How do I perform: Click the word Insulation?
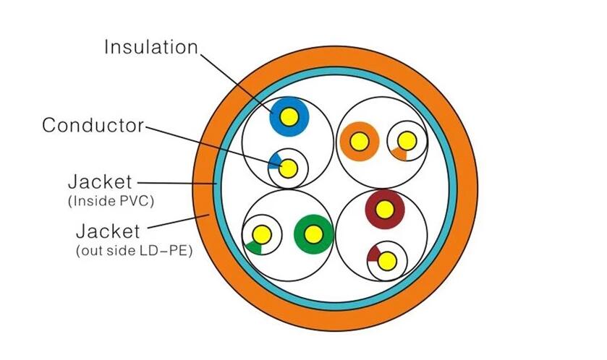(x=151, y=47)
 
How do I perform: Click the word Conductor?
(x=93, y=125)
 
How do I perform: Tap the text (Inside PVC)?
(x=111, y=202)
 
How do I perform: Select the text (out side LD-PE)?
(x=135, y=251)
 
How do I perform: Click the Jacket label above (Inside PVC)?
(x=100, y=182)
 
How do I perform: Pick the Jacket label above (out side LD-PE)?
(x=108, y=231)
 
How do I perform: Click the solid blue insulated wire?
(x=289, y=116)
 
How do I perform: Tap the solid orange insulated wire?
(x=360, y=141)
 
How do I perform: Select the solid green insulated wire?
(x=313, y=234)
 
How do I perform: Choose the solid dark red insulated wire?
(x=385, y=210)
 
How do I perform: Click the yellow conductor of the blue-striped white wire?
(x=289, y=168)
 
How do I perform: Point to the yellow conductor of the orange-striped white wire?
(x=407, y=141)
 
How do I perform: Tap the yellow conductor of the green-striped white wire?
(x=262, y=234)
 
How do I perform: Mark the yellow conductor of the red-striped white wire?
(x=387, y=262)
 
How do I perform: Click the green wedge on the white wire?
(x=253, y=248)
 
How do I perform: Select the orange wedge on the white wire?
(x=399, y=154)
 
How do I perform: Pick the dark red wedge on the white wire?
(x=373, y=253)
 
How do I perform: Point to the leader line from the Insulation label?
(x=237, y=83)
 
